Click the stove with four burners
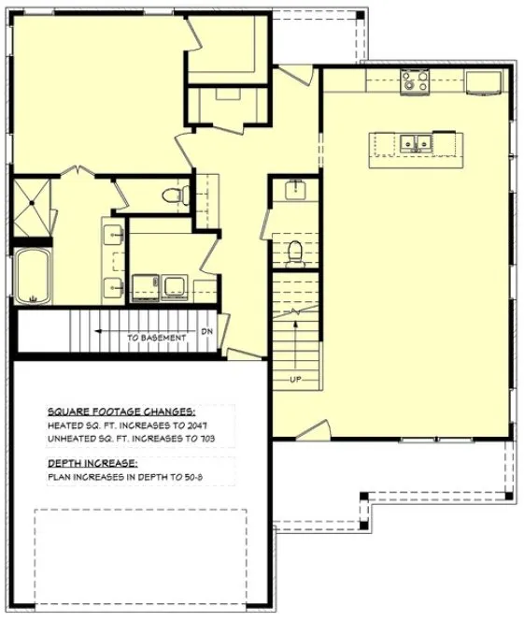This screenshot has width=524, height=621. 414,83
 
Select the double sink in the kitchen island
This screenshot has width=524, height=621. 415,143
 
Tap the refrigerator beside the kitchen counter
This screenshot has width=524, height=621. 484,82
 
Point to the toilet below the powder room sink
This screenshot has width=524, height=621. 296,253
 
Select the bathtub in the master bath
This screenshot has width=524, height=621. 33,276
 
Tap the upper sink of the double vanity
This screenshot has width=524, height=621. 114,234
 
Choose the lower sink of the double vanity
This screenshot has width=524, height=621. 114,286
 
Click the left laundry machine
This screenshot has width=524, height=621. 145,285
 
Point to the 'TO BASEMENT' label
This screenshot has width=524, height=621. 156,338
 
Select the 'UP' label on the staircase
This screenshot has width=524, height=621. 295,380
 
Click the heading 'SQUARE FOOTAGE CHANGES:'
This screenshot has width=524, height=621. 121,411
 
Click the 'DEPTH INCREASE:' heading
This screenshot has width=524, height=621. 92,463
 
